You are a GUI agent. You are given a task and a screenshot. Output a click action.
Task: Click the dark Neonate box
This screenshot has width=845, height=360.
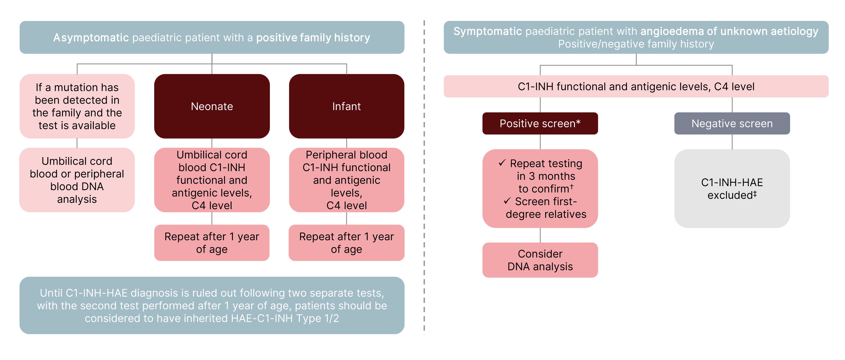[x=212, y=106]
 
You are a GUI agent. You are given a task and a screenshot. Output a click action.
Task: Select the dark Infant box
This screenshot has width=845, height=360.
[x=346, y=106]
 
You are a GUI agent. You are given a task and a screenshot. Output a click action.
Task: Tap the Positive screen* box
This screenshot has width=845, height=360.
[x=540, y=123]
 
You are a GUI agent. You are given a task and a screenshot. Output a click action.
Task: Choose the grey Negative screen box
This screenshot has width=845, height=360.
[x=732, y=123]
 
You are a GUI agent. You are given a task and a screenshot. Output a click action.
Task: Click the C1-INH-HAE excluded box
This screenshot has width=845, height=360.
[x=732, y=188]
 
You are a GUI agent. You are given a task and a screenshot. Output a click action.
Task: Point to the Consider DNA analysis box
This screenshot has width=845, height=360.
[x=540, y=260]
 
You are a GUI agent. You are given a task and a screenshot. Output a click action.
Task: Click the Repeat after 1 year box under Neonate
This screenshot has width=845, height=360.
[x=212, y=243]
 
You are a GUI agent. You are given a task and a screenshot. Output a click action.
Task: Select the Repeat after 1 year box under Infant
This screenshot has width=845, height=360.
[x=346, y=243]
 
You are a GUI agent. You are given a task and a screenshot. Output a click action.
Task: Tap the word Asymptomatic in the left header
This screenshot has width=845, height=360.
[x=91, y=38]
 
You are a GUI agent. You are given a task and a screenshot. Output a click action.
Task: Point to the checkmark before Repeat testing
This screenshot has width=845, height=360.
[x=502, y=163]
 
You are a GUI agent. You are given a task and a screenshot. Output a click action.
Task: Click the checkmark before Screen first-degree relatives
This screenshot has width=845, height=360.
[x=507, y=201]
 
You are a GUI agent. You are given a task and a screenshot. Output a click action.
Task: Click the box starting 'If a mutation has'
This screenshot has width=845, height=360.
[x=77, y=106]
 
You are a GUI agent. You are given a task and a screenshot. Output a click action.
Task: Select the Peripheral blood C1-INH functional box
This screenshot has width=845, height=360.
[x=346, y=180]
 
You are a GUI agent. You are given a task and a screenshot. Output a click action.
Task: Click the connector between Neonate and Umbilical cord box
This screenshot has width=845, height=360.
[x=212, y=143]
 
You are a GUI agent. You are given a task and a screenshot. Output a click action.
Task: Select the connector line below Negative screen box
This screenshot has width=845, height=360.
[x=732, y=142]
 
